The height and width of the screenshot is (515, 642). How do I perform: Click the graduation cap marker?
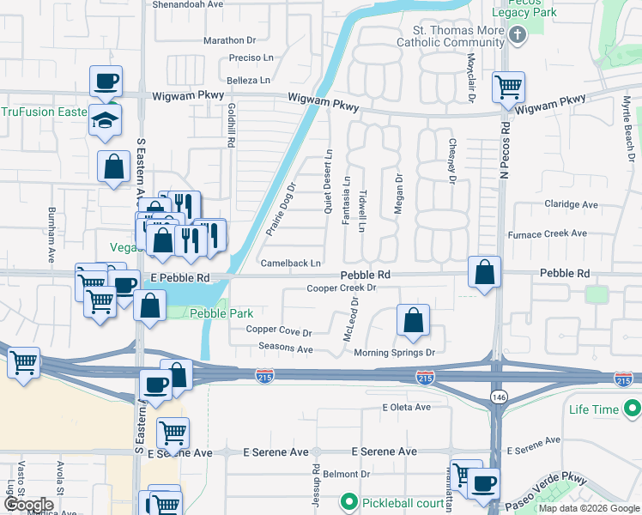[x=106, y=120]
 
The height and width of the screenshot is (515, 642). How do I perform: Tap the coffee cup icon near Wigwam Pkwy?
[x=106, y=82]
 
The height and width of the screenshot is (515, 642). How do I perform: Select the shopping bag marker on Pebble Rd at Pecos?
[x=485, y=272]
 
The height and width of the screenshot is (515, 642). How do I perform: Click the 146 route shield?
[x=498, y=395]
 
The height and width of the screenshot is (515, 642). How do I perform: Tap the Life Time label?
[x=593, y=409]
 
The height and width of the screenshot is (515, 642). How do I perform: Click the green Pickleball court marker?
[x=349, y=500]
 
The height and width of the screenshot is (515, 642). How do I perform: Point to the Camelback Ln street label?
[x=291, y=263]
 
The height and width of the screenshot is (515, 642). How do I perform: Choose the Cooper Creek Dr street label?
[x=342, y=288]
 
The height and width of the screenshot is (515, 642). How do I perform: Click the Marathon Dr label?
[x=230, y=39]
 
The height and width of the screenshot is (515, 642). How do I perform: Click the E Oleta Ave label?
[x=406, y=407]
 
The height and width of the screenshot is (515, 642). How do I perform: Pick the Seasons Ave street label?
[x=286, y=348]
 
